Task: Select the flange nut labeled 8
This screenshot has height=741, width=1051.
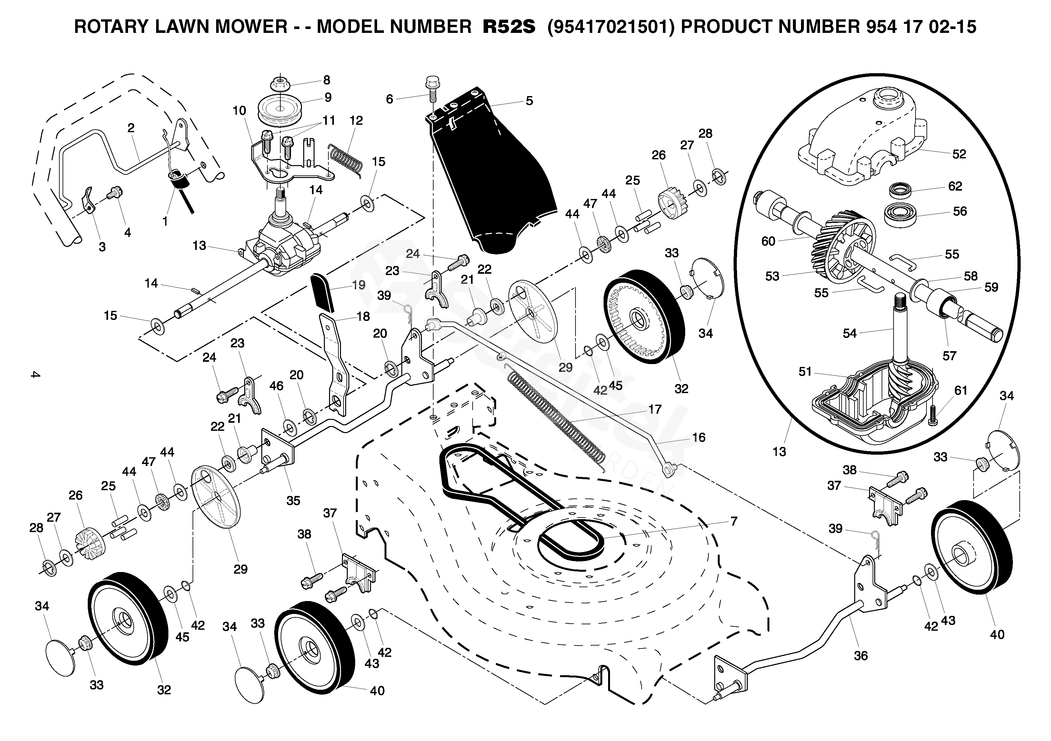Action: tap(279, 84)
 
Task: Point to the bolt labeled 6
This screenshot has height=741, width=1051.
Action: tap(432, 94)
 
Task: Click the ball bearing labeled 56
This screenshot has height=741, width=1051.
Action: tap(900, 214)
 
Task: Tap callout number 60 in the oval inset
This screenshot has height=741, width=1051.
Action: tap(768, 241)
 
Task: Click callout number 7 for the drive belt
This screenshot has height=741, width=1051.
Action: tap(734, 521)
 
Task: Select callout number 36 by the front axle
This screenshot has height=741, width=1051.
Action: tap(861, 656)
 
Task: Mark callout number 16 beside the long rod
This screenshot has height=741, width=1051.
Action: tap(698, 437)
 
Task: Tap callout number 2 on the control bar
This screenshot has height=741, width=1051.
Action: tap(131, 128)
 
